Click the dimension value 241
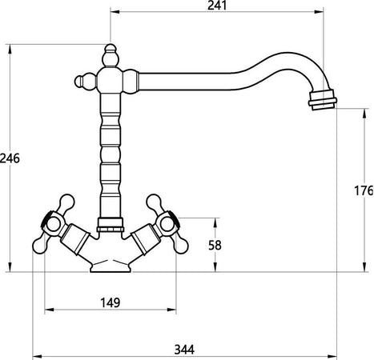pyautogui.click(x=217, y=6)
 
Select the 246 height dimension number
pyautogui.click(x=10, y=158)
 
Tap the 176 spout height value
pyautogui.click(x=364, y=190)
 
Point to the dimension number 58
pyautogui.click(x=215, y=246)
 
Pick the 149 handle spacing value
pyautogui.click(x=111, y=302)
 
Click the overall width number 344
pyautogui.click(x=184, y=350)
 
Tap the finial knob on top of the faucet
pyautogui.click(x=111, y=55)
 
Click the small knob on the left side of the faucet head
pyautogui.click(x=85, y=81)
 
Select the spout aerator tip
pyautogui.click(x=322, y=100)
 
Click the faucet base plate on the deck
pyautogui.click(x=111, y=267)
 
